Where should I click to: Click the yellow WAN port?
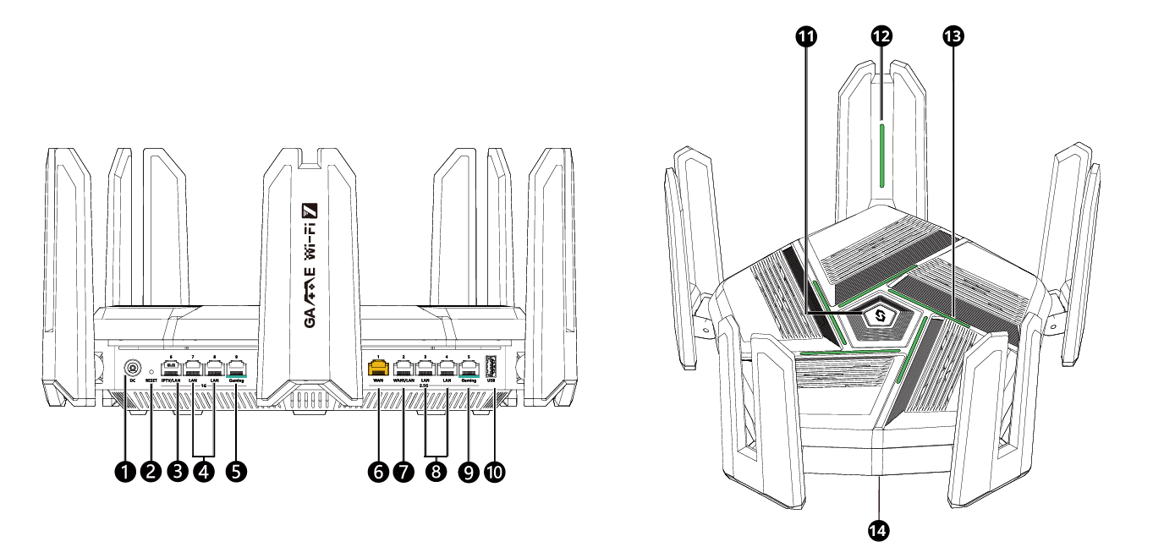tap(379, 368)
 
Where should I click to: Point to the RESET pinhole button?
tap(151, 369)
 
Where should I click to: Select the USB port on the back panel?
tap(491, 368)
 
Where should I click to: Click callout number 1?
tap(126, 472)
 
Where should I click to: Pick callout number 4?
tap(203, 472)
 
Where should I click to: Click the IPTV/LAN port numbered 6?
tap(169, 368)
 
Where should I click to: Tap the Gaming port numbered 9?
tap(237, 368)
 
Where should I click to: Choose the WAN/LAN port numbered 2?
tap(404, 368)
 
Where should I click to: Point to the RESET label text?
tap(151, 381)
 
